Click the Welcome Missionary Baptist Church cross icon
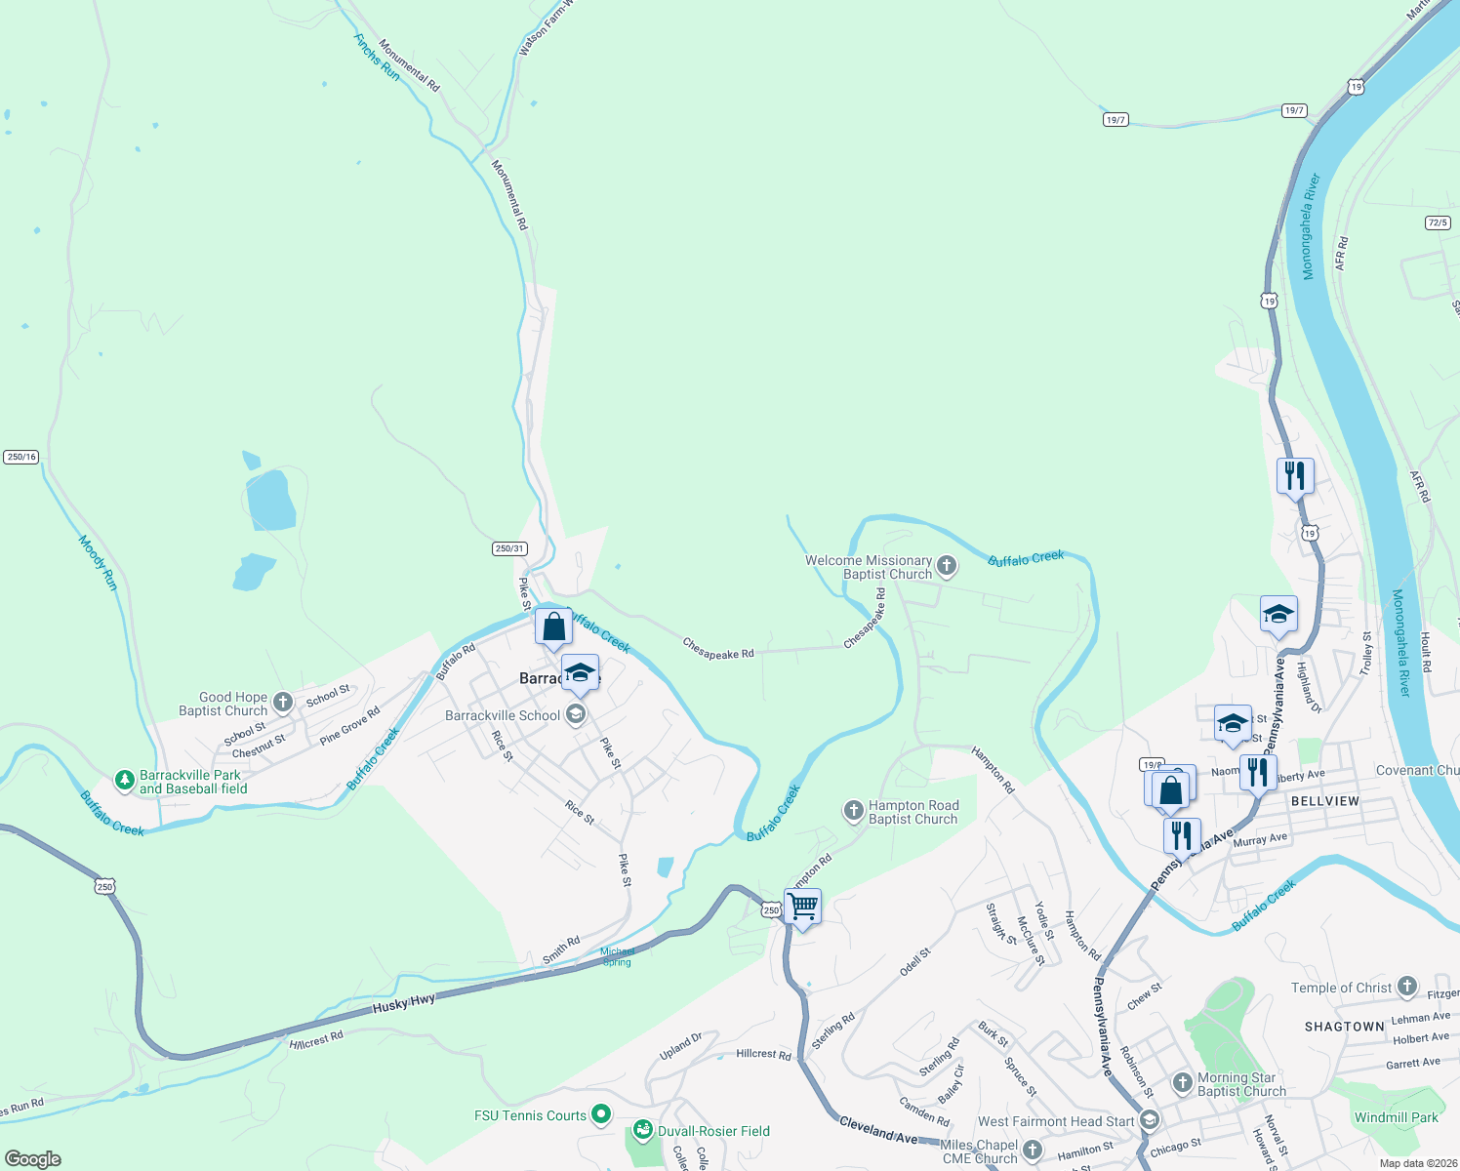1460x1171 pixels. click(x=946, y=566)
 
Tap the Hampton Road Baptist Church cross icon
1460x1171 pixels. click(x=853, y=811)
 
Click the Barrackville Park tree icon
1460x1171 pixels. click(x=124, y=781)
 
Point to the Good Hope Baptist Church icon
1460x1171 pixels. click(x=283, y=703)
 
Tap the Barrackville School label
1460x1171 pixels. click(x=503, y=715)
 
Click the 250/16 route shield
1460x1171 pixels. click(x=20, y=457)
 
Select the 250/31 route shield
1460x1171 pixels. click(x=509, y=548)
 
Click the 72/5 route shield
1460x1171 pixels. click(x=1437, y=222)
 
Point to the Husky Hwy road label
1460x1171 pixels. click(x=404, y=1003)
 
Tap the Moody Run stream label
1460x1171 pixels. click(x=98, y=562)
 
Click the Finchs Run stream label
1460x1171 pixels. click(x=377, y=58)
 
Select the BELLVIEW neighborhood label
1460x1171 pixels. click(x=1324, y=800)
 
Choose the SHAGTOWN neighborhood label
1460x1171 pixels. click(x=1344, y=1027)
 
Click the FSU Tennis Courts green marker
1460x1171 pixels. click(x=601, y=1113)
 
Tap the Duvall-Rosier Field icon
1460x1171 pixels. click(x=642, y=1130)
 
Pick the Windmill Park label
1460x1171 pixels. click(x=1396, y=1117)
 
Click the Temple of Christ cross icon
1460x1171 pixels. click(x=1406, y=987)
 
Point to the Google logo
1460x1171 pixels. click(x=33, y=1159)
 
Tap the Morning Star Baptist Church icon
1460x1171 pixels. click(x=1182, y=1083)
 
